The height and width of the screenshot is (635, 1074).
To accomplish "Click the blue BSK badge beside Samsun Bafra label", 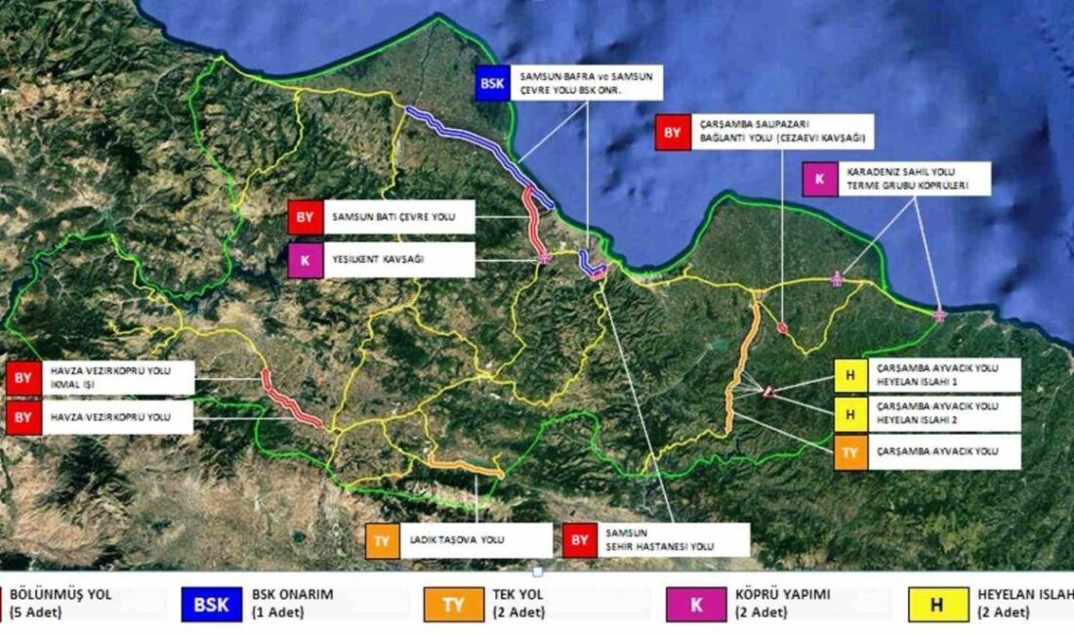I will [492, 83].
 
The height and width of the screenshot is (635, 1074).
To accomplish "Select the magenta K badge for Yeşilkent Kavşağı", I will [305, 260].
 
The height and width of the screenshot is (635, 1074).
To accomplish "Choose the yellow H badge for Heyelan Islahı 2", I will [850, 414].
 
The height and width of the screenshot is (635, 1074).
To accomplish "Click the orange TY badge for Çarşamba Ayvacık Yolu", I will [850, 452].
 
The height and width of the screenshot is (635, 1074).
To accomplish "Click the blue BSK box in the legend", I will [210, 604].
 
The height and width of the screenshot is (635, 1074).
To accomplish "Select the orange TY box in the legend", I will [454, 604].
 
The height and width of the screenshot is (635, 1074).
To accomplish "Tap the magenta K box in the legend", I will [696, 604].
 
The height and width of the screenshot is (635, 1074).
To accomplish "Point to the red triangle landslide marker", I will [769, 391].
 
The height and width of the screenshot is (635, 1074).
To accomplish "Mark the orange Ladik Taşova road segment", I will [465, 466].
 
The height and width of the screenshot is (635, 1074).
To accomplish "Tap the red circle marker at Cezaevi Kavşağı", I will [782, 328].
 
